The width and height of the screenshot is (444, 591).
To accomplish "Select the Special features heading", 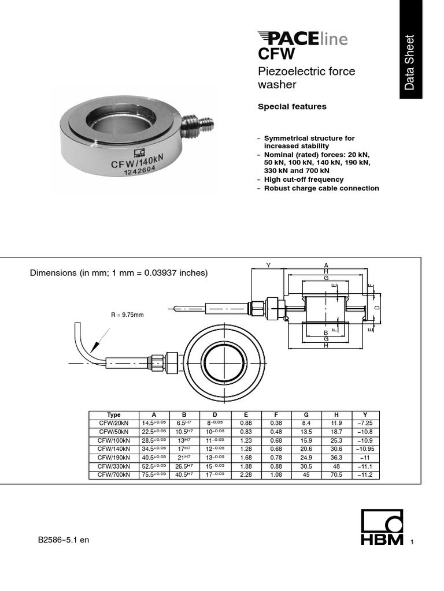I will pyautogui.click(x=291, y=107).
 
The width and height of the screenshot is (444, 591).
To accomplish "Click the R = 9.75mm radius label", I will pyautogui.click(x=127, y=315).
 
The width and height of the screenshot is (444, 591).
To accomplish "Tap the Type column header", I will pyautogui.click(x=114, y=415).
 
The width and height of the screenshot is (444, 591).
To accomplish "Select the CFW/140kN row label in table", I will pyautogui.click(x=114, y=448).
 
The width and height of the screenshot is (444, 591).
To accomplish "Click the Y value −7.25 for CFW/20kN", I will pyautogui.click(x=365, y=423).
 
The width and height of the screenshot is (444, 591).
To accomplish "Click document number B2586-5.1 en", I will pyautogui.click(x=64, y=540).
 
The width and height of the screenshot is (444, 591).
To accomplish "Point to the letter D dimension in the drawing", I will pyautogui.click(x=378, y=308).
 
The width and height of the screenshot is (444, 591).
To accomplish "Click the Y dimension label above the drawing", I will pyautogui.click(x=268, y=265).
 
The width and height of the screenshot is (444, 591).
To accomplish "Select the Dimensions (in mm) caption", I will pyautogui.click(x=119, y=273).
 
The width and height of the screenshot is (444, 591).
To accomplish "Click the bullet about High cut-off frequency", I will pyautogui.click(x=304, y=179).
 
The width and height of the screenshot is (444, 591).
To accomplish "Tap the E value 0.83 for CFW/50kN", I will pyautogui.click(x=246, y=431).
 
